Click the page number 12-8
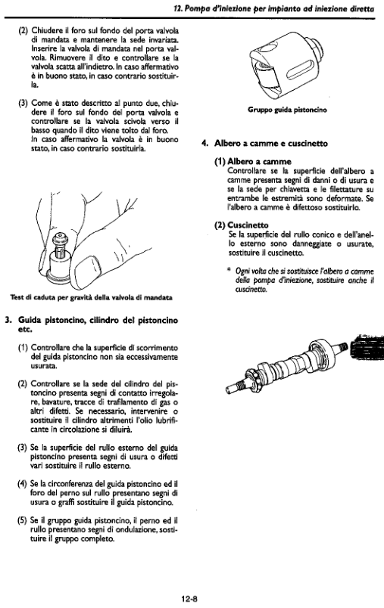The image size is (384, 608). click(x=189, y=599)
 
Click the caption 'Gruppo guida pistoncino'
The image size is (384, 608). click(x=287, y=110)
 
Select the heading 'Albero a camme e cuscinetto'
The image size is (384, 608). click(x=271, y=144)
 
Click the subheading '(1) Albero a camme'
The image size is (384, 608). click(x=253, y=161)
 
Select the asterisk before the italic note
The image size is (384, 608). click(x=229, y=270)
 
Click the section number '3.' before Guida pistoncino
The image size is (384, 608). click(x=8, y=321)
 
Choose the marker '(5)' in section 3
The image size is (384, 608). click(x=22, y=520)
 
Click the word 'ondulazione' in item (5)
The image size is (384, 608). click(x=136, y=529)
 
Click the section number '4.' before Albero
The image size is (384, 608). click(x=205, y=144)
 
